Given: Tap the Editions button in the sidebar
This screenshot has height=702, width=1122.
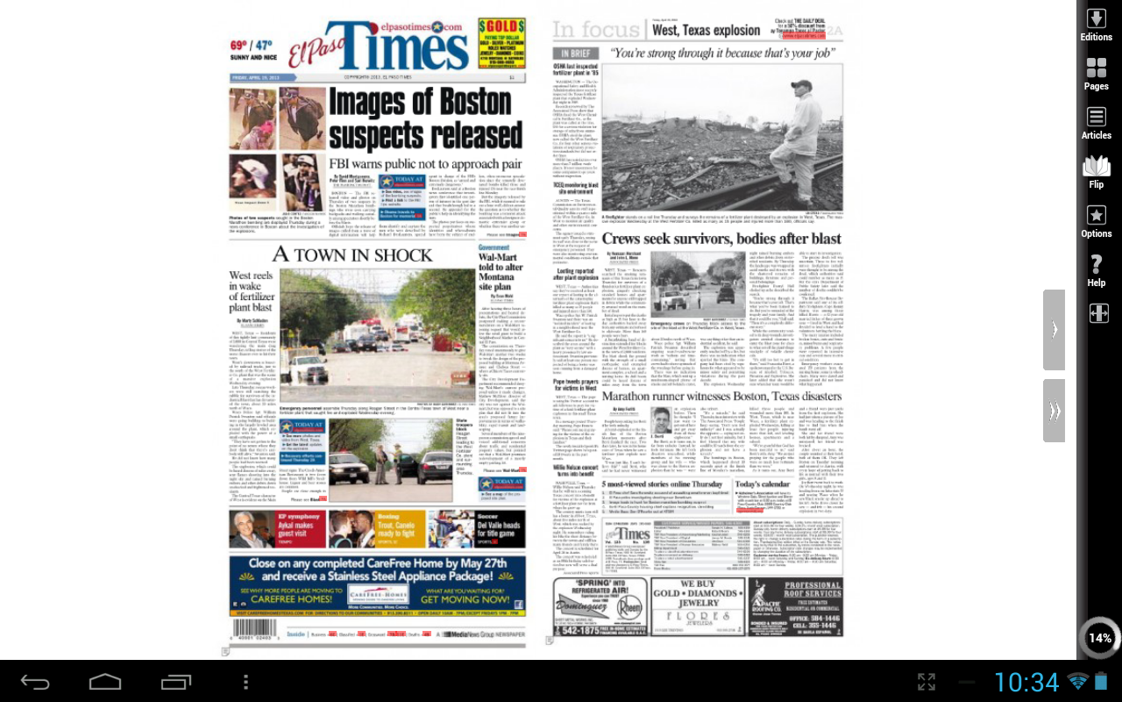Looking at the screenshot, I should coord(1096,25).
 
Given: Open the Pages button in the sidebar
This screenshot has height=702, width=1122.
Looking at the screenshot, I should coord(1096,74).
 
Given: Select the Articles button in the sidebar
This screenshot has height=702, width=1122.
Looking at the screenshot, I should coord(1096,123).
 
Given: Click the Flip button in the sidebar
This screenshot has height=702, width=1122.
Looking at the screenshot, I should coord(1096,172).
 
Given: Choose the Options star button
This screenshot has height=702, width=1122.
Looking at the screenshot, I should coord(1096,221).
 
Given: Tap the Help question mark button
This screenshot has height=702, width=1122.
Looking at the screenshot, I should coord(1096,270).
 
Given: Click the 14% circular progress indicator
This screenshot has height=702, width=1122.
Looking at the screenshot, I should coord(1099,638).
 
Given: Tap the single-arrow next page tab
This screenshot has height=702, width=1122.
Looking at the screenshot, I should coord(1054,329).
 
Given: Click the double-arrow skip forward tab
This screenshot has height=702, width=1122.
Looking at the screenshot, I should coord(1054,411).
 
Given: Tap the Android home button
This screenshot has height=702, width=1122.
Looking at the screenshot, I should coord(105,682).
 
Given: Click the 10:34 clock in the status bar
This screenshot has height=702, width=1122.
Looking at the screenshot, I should coord(1026,682).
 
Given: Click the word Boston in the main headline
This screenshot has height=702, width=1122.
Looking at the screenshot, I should coord(464,104).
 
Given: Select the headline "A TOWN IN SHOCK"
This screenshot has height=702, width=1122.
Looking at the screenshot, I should coord(352,254).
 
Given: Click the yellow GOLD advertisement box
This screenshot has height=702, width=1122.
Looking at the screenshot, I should coord(501,43).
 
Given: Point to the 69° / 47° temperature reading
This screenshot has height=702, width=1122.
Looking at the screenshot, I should coord(252,45).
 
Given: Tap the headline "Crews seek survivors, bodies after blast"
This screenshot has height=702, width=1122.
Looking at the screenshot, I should coord(721,239).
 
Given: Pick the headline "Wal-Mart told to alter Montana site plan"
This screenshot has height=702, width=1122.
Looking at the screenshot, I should coord(501,272).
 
